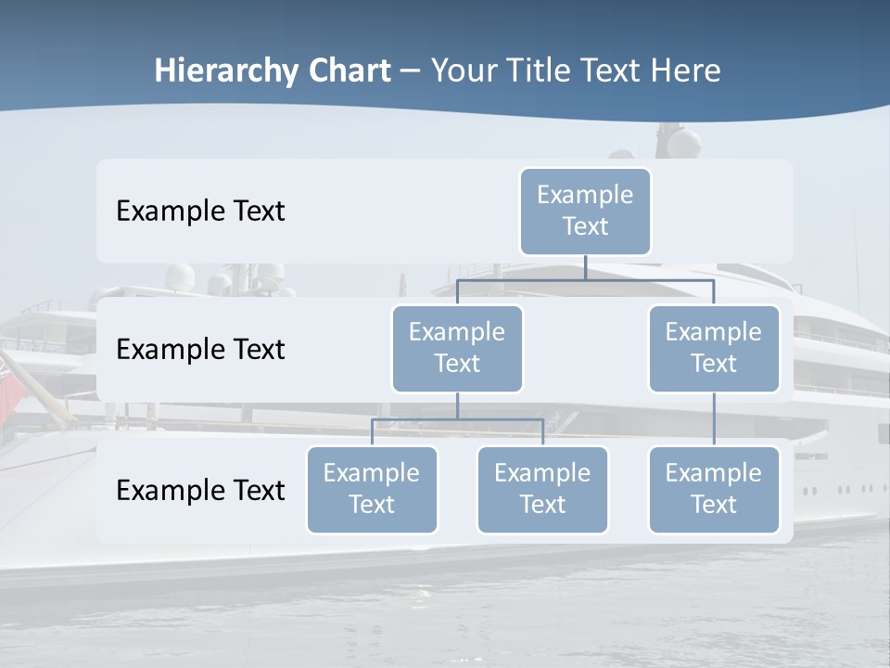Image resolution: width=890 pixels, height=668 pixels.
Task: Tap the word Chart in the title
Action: coord(349,71)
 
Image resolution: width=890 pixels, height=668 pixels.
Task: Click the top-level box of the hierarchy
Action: coord(585,211)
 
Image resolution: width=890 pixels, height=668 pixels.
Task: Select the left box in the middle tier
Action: coord(457,348)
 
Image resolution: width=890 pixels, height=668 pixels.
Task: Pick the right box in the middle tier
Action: coord(714,348)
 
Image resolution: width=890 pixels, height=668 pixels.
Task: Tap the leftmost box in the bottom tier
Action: coord(372,489)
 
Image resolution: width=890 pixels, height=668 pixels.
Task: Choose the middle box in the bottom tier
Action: coord(542,489)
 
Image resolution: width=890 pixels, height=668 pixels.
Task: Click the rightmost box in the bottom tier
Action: coord(714,489)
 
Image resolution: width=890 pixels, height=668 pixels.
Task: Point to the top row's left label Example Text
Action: coord(200,212)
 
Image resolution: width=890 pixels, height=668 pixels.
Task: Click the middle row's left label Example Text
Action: coord(200,350)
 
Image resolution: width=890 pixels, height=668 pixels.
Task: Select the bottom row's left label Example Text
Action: coord(200,490)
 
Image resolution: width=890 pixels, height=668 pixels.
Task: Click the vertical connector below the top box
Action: coord(585,267)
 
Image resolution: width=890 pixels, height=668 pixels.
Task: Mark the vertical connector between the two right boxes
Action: coord(714,419)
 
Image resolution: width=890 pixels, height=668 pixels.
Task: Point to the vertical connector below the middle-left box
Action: coord(457,405)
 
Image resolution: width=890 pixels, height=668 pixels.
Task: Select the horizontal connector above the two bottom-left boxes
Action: coord(457,419)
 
